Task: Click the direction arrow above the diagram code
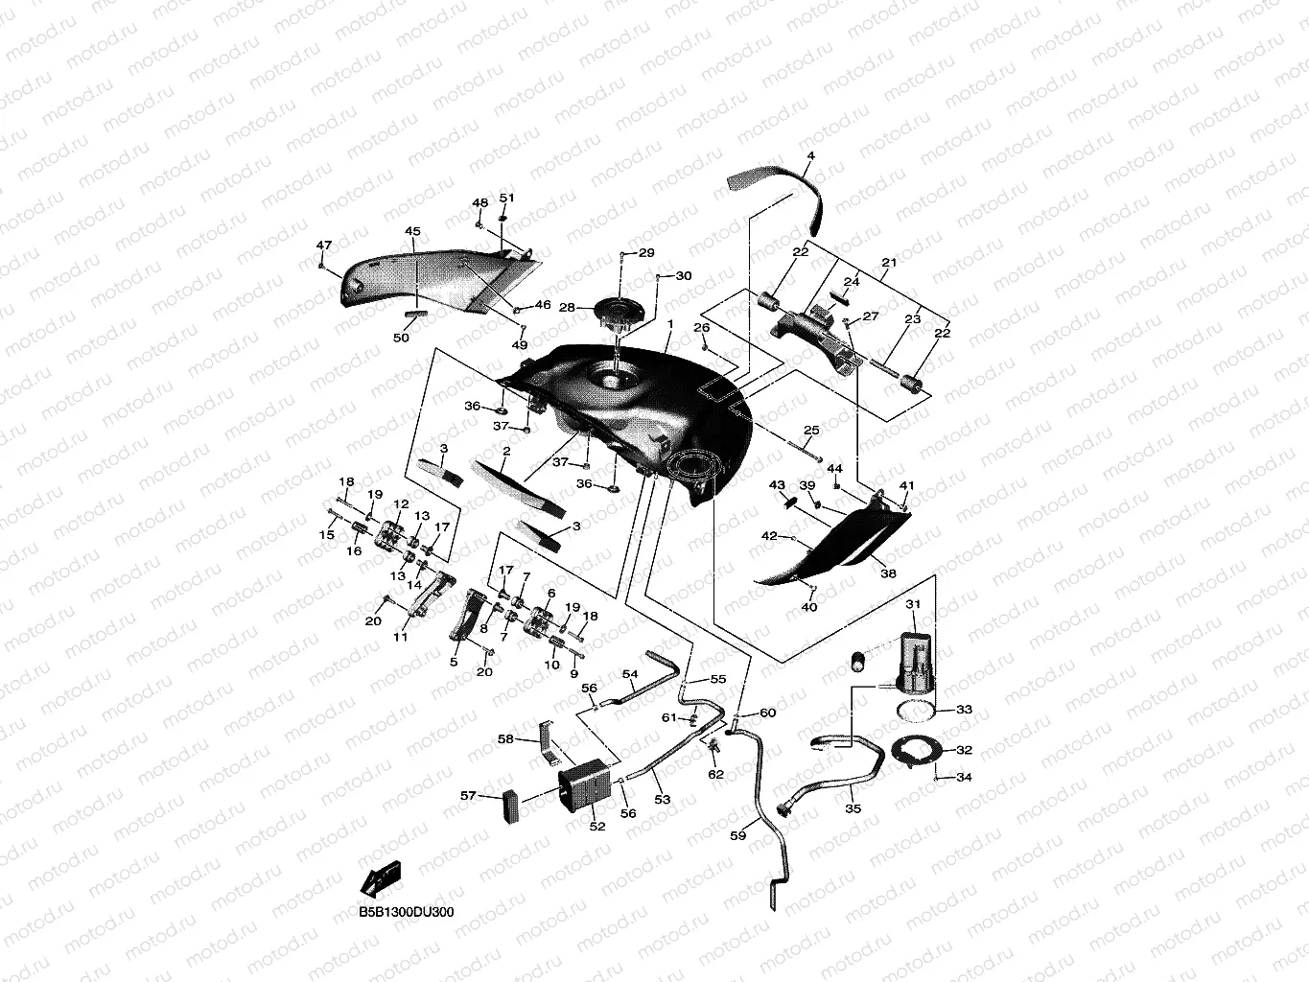[381, 877]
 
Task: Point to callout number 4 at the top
[810, 155]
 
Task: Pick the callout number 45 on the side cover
[412, 232]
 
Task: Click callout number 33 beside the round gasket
[964, 710]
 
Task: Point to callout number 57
[468, 795]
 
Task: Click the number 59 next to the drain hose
[737, 835]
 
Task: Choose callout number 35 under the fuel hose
[853, 808]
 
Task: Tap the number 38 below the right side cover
[888, 573]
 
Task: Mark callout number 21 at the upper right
[889, 263]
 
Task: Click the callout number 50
[401, 338]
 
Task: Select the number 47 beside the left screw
[324, 245]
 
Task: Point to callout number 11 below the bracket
[400, 636]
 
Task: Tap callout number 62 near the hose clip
[715, 774]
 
